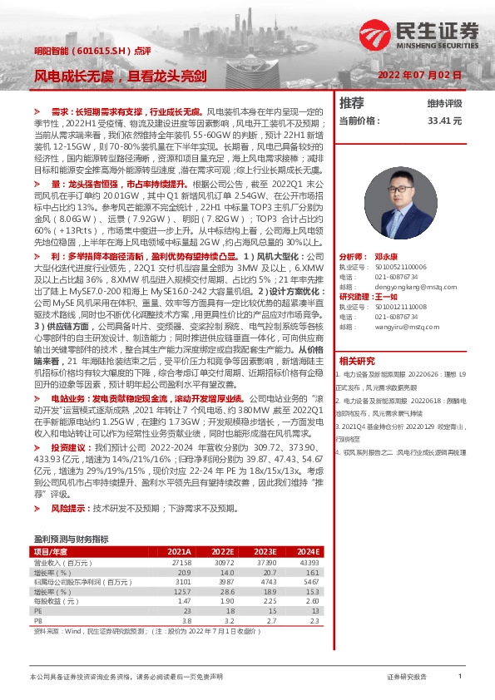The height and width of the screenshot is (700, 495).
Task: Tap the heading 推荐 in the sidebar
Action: click(352, 103)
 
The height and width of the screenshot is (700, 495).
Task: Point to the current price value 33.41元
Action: click(444, 121)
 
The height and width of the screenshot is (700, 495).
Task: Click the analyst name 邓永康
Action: click(386, 258)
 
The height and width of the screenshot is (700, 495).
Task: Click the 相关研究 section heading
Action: click(358, 361)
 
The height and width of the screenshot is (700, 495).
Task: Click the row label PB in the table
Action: click(37, 620)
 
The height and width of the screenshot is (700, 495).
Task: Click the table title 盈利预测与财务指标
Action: click(71, 539)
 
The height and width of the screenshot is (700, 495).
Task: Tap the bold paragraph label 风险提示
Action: click(71, 508)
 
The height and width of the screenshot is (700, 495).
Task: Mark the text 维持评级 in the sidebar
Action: click(444, 104)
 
